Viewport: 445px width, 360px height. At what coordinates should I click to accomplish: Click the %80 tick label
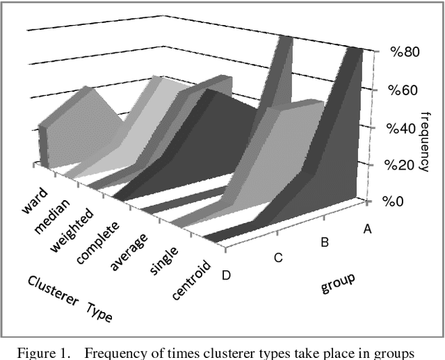pyautogui.click(x=403, y=53)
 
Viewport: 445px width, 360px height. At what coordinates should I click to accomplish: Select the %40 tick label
pyautogui.click(x=403, y=128)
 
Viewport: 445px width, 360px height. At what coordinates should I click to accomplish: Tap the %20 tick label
pyautogui.click(x=403, y=165)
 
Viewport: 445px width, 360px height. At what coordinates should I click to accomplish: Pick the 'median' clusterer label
pyautogui.click(x=54, y=215)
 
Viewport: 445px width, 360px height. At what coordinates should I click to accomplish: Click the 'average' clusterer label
pyautogui.click(x=130, y=251)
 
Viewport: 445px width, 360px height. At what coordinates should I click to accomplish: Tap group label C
pyautogui.click(x=277, y=258)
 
